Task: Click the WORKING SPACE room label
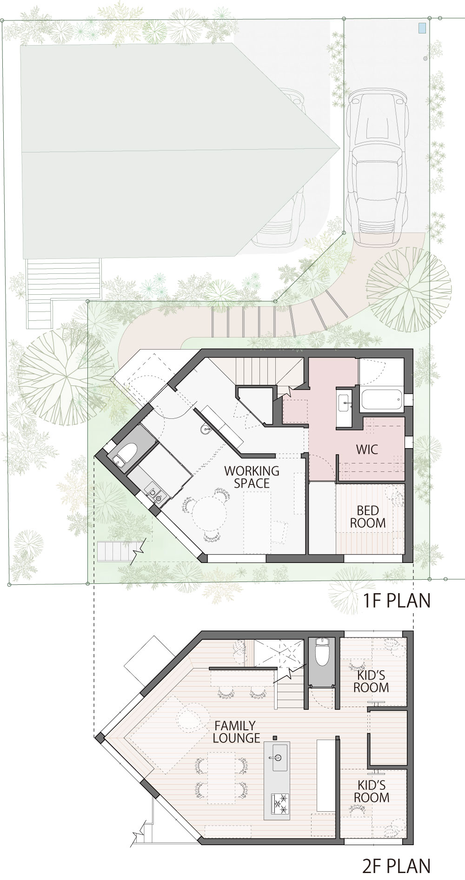pyautogui.click(x=252, y=477)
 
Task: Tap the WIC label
pyautogui.click(x=367, y=450)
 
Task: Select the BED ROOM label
pyautogui.click(x=368, y=516)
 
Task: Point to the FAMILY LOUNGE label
pyautogui.click(x=236, y=732)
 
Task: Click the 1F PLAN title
pyautogui.click(x=397, y=601)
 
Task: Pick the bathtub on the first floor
pyautogui.click(x=381, y=400)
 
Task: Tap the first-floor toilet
pyautogui.click(x=124, y=452)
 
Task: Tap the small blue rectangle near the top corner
pyautogui.click(x=422, y=28)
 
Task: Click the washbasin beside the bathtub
pyautogui.click(x=345, y=399)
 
